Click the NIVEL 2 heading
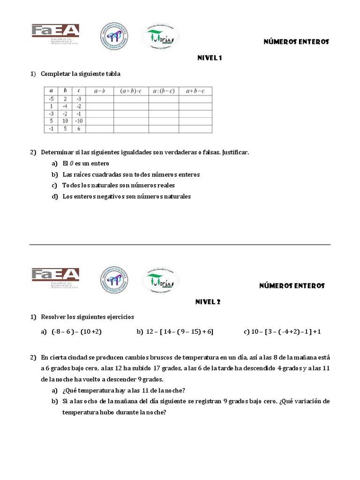pyautogui.click(x=208, y=302)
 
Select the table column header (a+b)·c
pyautogui.click(x=131, y=91)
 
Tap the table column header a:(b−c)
pyautogui.click(x=164, y=91)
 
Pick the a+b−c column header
pyautogui.click(x=195, y=91)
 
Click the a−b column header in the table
pyautogui.click(x=99, y=91)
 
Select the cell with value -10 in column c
pyautogui.click(x=79, y=120)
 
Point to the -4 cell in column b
pyautogui.click(x=65, y=106)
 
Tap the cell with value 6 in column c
pyautogui.click(x=79, y=128)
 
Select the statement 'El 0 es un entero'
pyautogui.click(x=86, y=164)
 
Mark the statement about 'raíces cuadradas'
pyautogui.click(x=131, y=174)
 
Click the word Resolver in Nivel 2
pyautogui.click(x=53, y=317)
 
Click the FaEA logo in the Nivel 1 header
pyautogui.click(x=55, y=33)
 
